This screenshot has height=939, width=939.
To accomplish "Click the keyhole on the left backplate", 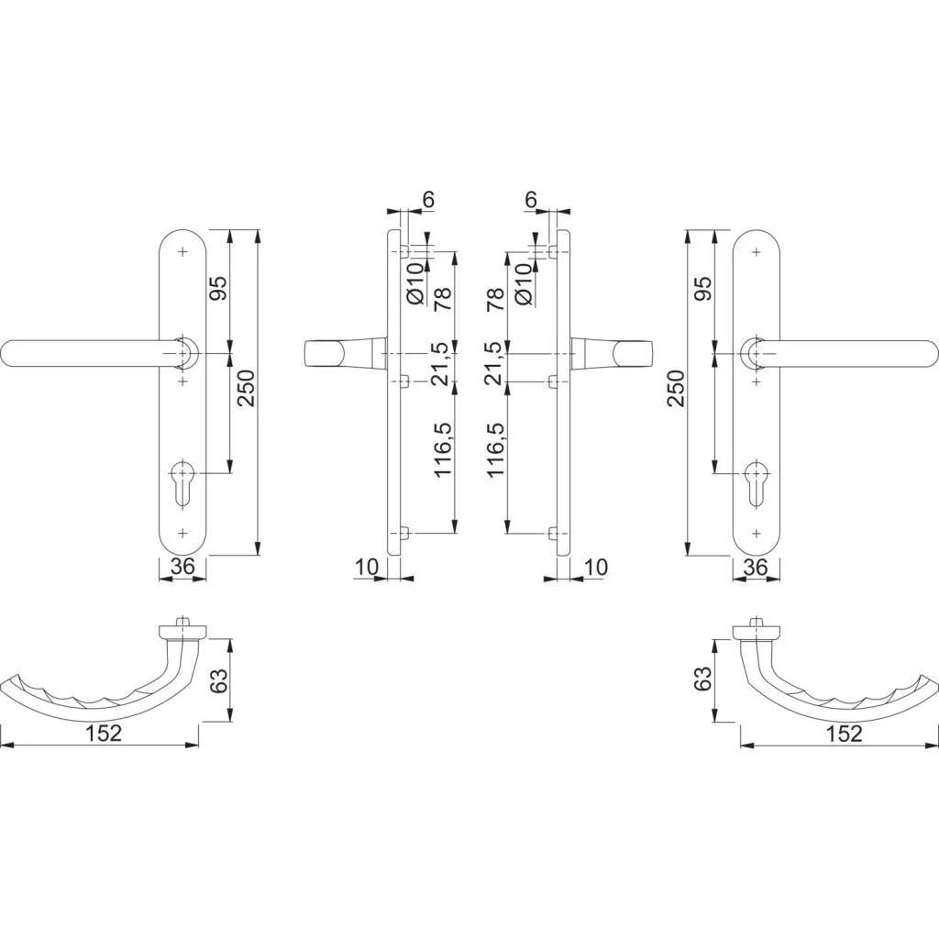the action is point(182,484).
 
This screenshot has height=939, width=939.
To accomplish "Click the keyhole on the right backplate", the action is point(757,484).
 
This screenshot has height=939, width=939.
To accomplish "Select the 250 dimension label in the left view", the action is point(246,388).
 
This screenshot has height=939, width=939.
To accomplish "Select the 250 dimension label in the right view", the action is point(676,388).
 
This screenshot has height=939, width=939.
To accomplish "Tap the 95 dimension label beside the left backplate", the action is point(218,288).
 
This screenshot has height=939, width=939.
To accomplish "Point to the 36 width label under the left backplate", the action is point(182,566).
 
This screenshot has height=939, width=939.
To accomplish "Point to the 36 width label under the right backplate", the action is point(756,567).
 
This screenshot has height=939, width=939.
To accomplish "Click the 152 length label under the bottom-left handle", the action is point(103,733).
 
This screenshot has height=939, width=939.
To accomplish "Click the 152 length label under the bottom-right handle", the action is point(844,734).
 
